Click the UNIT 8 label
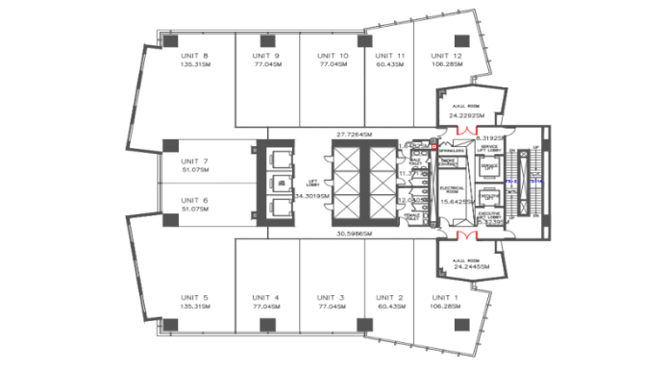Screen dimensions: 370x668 193,57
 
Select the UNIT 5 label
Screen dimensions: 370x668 193,297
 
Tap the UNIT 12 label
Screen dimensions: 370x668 446,57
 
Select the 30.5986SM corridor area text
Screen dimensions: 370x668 355,234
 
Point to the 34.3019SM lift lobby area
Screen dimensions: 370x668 312,195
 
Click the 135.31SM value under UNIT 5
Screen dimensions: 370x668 193,308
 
